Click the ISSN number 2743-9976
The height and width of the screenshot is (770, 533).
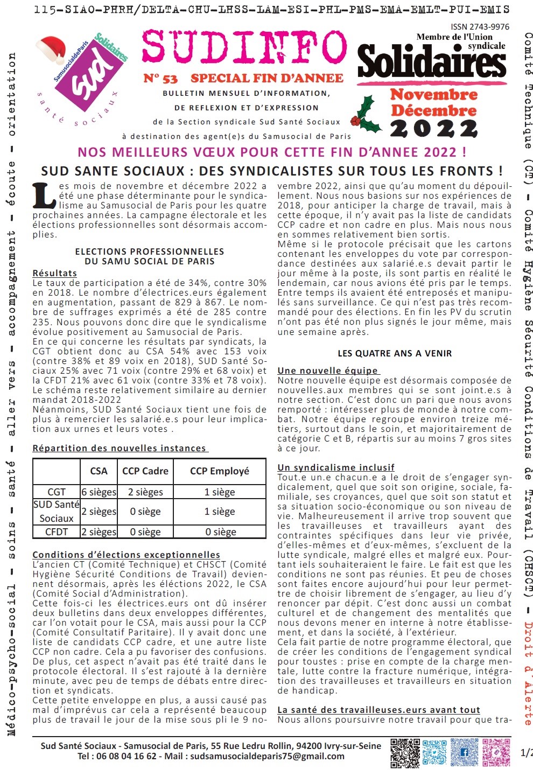480,26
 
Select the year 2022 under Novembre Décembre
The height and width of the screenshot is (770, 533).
434,129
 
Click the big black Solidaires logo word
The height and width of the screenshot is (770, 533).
432,62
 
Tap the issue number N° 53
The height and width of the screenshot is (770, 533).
160,79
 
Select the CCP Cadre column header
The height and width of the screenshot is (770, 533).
145,471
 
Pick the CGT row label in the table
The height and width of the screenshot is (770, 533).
57,492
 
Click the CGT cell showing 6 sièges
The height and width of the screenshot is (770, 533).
99,492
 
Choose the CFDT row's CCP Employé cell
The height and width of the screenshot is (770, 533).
220,532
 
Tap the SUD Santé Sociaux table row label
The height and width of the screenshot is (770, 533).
57,512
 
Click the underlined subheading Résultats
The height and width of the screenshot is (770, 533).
54,273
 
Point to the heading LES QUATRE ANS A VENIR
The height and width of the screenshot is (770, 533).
395,353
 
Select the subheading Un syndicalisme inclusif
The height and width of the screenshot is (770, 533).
336,467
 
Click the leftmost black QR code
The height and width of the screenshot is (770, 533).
405,752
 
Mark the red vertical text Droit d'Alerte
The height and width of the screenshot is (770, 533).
528,673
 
